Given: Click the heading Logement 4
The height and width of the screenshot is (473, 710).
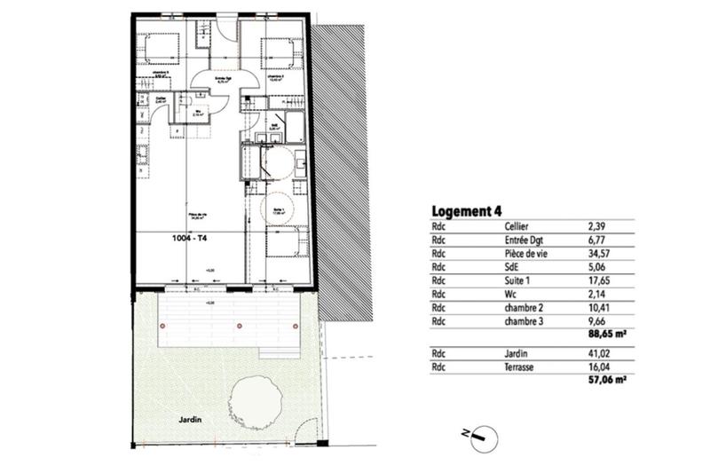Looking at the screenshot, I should coord(467,211).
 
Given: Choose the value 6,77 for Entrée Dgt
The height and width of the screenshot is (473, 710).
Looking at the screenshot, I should coord(597,239).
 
